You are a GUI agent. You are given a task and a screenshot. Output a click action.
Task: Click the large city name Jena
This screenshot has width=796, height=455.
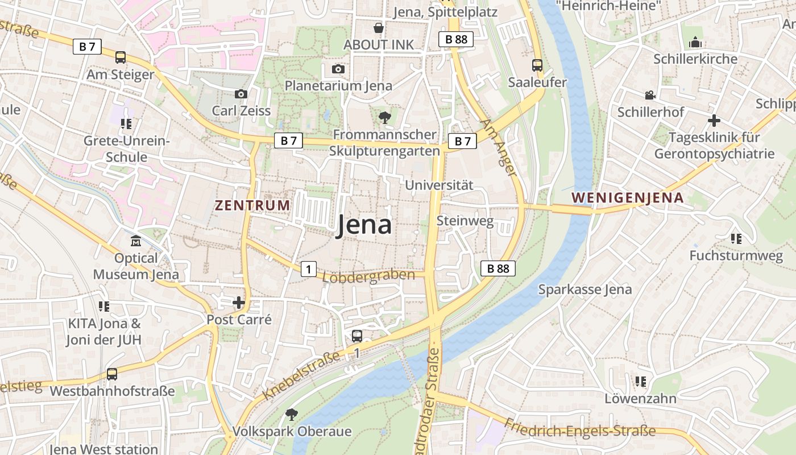[364, 225]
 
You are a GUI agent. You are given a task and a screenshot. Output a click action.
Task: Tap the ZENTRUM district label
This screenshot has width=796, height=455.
[252, 205]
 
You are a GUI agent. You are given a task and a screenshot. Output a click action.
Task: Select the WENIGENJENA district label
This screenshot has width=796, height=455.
[627, 198]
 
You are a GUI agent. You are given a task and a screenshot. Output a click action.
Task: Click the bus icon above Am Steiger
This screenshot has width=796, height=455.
[121, 57]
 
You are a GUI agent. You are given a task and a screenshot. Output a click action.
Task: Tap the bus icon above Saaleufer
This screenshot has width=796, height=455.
[537, 65]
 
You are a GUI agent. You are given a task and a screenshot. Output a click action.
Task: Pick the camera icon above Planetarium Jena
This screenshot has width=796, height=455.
[338, 69]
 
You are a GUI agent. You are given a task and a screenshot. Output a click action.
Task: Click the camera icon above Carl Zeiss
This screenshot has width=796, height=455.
[241, 94]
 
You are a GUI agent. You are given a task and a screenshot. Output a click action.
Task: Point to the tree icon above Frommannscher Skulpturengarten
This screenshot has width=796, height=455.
[385, 118]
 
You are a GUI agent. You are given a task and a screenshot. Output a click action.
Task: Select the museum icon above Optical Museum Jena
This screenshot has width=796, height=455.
[136, 242]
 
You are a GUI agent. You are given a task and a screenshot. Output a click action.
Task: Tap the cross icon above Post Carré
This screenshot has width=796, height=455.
[239, 303]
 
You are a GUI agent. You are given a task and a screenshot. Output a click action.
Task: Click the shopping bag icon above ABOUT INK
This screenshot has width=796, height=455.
[378, 28]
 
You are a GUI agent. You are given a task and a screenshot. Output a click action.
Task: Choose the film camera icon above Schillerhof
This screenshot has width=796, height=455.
[650, 96]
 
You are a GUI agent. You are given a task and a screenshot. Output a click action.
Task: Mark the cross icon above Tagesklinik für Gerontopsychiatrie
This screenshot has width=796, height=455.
[714, 121]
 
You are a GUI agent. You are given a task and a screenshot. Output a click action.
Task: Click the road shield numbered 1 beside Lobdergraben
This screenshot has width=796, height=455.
[308, 269]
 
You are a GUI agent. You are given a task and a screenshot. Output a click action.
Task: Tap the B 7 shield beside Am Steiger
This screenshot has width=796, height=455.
[87, 47]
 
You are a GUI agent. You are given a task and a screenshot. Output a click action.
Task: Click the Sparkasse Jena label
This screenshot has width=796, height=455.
[584, 289]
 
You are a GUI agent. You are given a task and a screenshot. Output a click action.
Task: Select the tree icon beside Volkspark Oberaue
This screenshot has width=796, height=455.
[291, 414]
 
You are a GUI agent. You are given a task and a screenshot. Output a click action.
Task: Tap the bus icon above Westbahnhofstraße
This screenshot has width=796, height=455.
[112, 374]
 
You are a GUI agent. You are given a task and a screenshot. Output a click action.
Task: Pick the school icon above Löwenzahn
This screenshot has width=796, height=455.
[641, 381]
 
